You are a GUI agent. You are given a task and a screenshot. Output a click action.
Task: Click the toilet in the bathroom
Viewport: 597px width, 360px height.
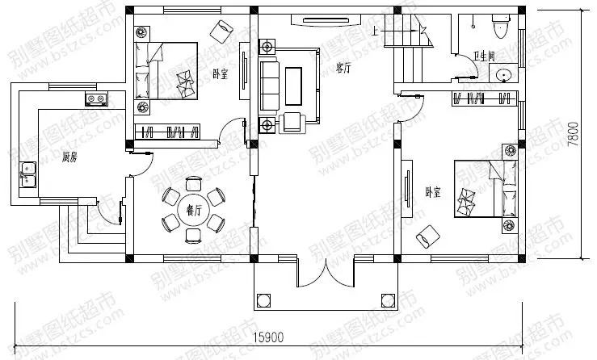pos(500,28)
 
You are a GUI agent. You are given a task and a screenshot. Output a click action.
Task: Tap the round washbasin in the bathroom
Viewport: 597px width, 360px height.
pos(504,77)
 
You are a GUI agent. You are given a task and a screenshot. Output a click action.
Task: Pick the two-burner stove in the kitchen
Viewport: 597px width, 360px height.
pos(98,99)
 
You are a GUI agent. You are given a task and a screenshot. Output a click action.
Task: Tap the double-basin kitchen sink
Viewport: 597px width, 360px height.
pos(27,173)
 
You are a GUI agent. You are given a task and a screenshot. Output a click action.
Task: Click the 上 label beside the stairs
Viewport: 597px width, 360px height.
pos(377,31)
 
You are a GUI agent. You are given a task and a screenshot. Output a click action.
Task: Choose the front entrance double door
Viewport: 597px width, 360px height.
pos(325,273)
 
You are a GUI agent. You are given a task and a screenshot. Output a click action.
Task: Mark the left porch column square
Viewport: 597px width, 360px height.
pos(263,301)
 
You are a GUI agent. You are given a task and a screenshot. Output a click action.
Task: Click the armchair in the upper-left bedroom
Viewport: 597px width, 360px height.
pos(220,31)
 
